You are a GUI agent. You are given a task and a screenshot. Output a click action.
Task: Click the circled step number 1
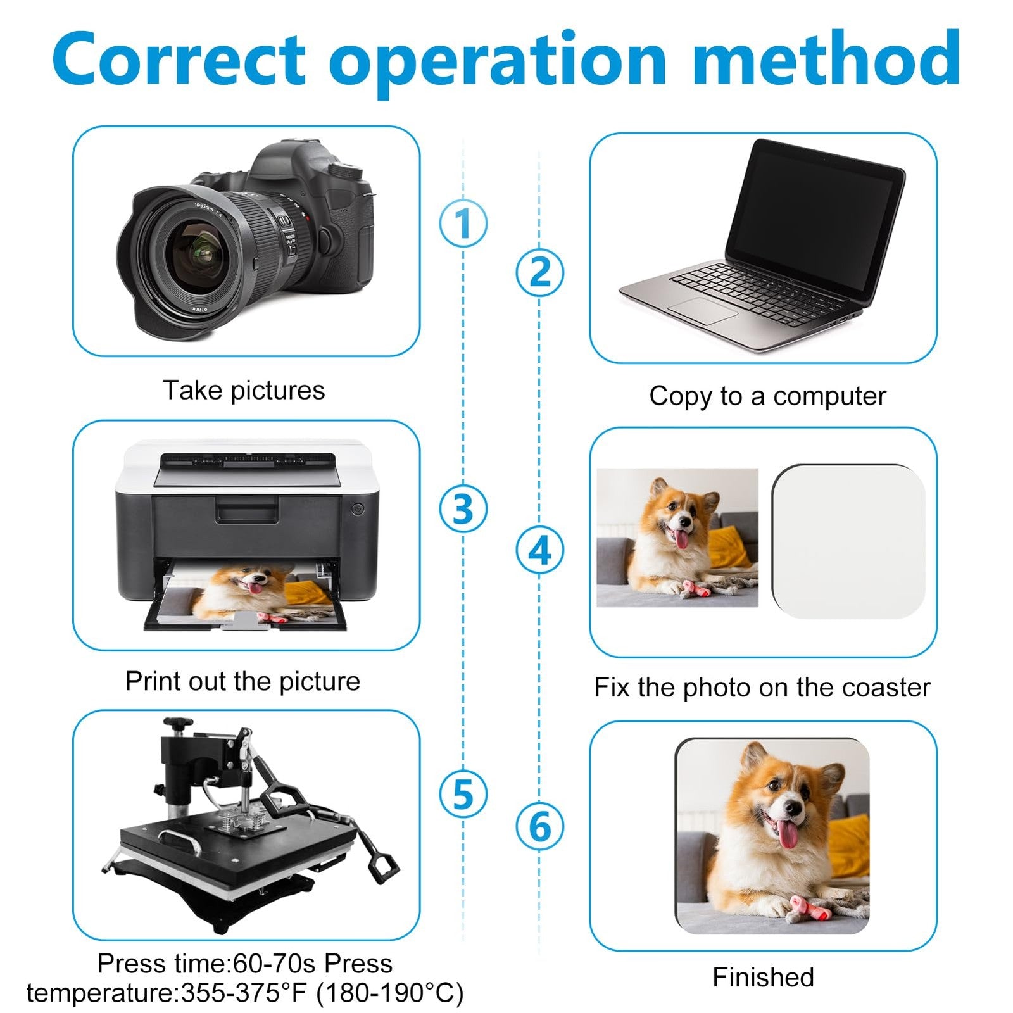(x=463, y=223)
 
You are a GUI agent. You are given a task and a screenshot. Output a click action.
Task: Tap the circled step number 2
(x=539, y=272)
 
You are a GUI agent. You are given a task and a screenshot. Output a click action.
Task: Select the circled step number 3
(x=463, y=508)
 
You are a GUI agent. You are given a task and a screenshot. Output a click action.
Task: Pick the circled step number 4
(x=539, y=550)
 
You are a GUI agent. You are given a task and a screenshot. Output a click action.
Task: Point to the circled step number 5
(x=463, y=794)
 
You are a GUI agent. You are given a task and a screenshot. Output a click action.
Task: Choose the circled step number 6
(x=539, y=826)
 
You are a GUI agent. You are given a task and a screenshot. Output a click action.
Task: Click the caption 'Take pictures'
(x=244, y=390)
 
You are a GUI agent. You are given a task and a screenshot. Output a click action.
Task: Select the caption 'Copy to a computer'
(x=767, y=396)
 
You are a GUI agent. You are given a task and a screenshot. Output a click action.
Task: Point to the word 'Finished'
(x=763, y=977)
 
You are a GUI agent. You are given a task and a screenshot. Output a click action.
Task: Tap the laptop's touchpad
(x=703, y=311)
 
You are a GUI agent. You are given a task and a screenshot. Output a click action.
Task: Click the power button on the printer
(x=357, y=508)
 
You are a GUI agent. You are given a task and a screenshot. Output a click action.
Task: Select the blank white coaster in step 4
(x=848, y=541)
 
